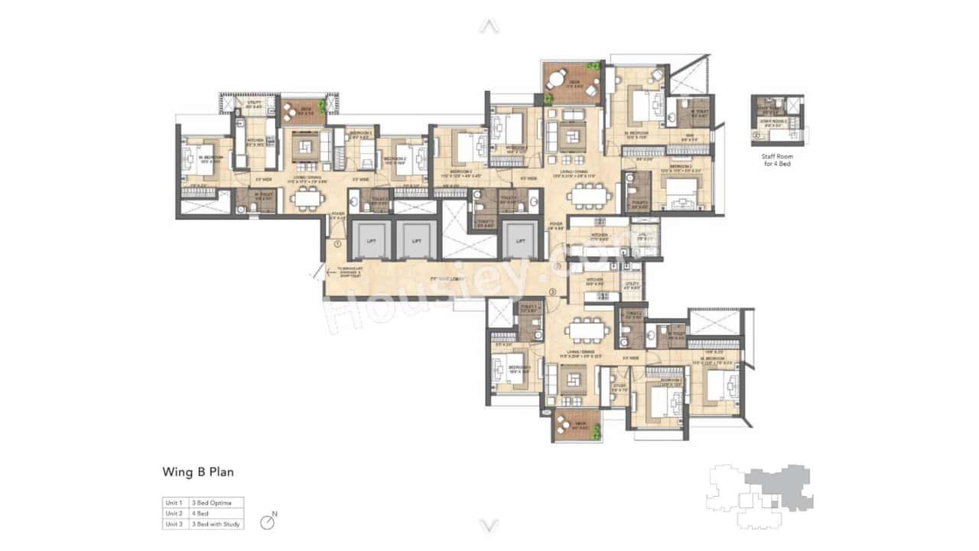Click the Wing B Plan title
coord(198,472)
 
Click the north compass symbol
coord(267,523)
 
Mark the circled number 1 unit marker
coord(337,244)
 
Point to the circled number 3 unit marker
coord(553,292)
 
